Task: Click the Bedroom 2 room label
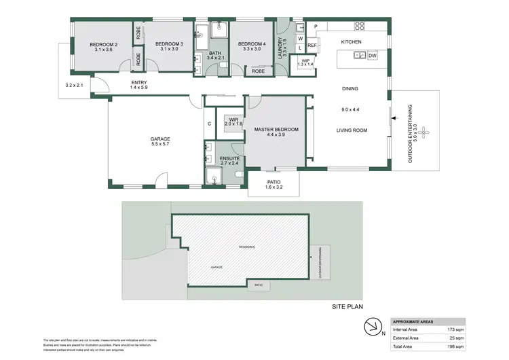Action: (x=103, y=45)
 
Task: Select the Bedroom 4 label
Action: (x=248, y=45)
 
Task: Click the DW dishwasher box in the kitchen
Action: (x=373, y=56)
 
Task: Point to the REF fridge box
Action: (x=312, y=46)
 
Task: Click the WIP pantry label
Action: (x=305, y=61)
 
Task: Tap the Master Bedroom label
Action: (x=271, y=129)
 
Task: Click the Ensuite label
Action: (x=229, y=159)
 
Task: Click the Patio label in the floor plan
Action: (x=274, y=182)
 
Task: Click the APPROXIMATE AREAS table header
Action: (x=415, y=321)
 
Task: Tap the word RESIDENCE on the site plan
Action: (x=246, y=247)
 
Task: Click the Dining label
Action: (x=350, y=88)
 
